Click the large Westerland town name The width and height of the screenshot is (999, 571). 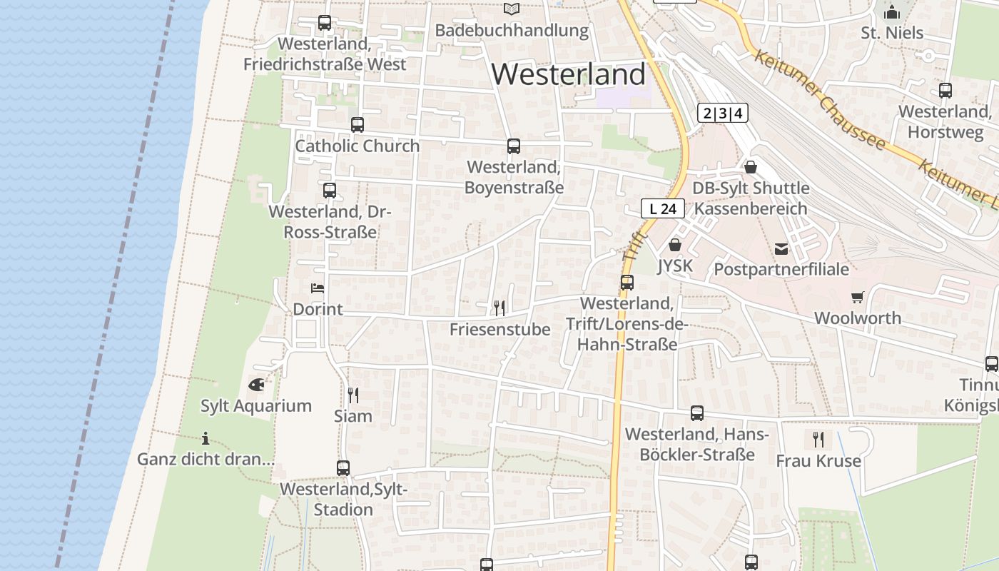569,74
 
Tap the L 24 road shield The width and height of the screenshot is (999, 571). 663,208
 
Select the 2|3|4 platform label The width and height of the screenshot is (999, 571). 723,113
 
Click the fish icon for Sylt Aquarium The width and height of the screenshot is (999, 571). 256,385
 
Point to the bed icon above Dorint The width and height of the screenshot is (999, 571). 318,288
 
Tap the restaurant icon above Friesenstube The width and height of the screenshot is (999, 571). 499,308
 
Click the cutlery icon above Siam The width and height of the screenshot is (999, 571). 353,395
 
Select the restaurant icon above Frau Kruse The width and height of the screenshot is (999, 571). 818,440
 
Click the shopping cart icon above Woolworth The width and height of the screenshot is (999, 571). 858,297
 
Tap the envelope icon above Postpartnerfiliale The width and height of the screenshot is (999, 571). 781,248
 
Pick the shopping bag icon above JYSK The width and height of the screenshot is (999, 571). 675,245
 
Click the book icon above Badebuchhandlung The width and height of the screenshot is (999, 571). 512,9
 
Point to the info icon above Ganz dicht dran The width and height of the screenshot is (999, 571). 206,438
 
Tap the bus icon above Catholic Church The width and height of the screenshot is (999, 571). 357,125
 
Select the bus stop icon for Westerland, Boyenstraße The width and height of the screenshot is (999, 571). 514,146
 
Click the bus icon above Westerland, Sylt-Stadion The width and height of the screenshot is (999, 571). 343,468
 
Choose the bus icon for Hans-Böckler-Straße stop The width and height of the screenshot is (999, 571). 697,413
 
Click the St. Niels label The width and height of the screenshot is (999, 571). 892,33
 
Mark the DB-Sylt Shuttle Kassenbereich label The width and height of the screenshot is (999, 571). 751,198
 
